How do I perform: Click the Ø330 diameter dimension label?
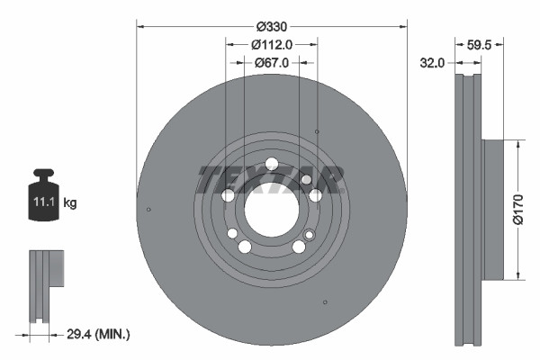(x=271, y=28)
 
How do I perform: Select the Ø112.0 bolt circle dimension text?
(x=271, y=45)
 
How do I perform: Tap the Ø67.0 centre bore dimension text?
(x=271, y=63)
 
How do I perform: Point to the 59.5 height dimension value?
(x=480, y=42)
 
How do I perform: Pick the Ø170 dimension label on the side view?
(x=519, y=210)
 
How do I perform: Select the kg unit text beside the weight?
(x=70, y=203)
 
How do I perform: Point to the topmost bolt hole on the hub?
(x=271, y=163)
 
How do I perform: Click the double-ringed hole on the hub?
(x=310, y=236)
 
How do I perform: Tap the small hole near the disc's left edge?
(x=148, y=211)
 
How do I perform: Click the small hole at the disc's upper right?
(x=316, y=131)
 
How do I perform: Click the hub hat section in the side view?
(x=496, y=210)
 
